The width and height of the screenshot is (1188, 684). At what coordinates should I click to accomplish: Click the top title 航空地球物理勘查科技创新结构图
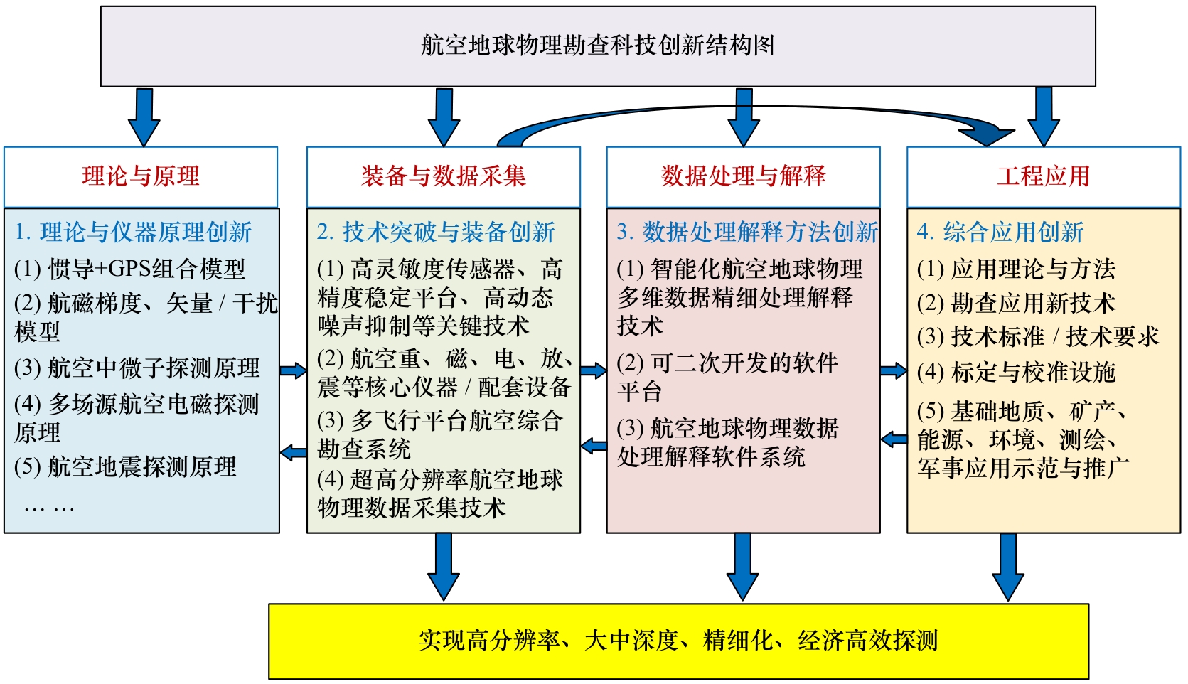pyautogui.click(x=597, y=46)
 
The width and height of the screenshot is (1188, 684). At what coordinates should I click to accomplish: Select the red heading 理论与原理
pyautogui.click(x=141, y=176)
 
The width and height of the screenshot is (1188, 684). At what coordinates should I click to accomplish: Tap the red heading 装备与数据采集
pyautogui.click(x=443, y=176)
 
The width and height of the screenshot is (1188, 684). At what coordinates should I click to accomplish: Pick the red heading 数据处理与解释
pyautogui.click(x=743, y=176)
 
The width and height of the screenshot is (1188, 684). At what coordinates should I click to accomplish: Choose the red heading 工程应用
pyautogui.click(x=1043, y=176)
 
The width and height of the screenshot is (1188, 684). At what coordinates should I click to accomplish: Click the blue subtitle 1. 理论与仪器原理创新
pyautogui.click(x=133, y=232)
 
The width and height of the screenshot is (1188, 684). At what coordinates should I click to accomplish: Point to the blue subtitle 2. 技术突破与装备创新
pyautogui.click(x=436, y=232)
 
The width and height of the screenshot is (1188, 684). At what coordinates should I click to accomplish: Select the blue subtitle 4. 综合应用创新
pyautogui.click(x=1000, y=232)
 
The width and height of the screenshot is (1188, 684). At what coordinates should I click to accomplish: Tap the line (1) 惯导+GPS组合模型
pyautogui.click(x=129, y=269)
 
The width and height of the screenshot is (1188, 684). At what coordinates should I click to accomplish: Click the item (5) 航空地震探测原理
pyautogui.click(x=125, y=467)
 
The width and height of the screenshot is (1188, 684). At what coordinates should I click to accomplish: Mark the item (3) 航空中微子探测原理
pyautogui.click(x=137, y=368)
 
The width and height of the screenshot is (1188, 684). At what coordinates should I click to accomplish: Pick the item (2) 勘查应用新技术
pyautogui.click(x=1016, y=303)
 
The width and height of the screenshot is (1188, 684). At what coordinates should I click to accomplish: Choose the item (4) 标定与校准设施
pyautogui.click(x=1016, y=372)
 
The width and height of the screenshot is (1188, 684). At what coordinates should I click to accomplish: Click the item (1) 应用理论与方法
pyautogui.click(x=1016, y=269)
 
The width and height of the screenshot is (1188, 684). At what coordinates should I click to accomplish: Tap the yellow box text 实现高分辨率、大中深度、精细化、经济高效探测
pyautogui.click(x=678, y=641)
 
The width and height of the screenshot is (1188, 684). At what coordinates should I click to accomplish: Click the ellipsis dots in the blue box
pyautogui.click(x=49, y=508)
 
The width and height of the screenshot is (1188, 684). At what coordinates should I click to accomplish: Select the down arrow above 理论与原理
pyautogui.click(x=144, y=117)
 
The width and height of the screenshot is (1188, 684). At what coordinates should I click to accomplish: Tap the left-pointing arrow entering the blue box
pyautogui.click(x=293, y=452)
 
